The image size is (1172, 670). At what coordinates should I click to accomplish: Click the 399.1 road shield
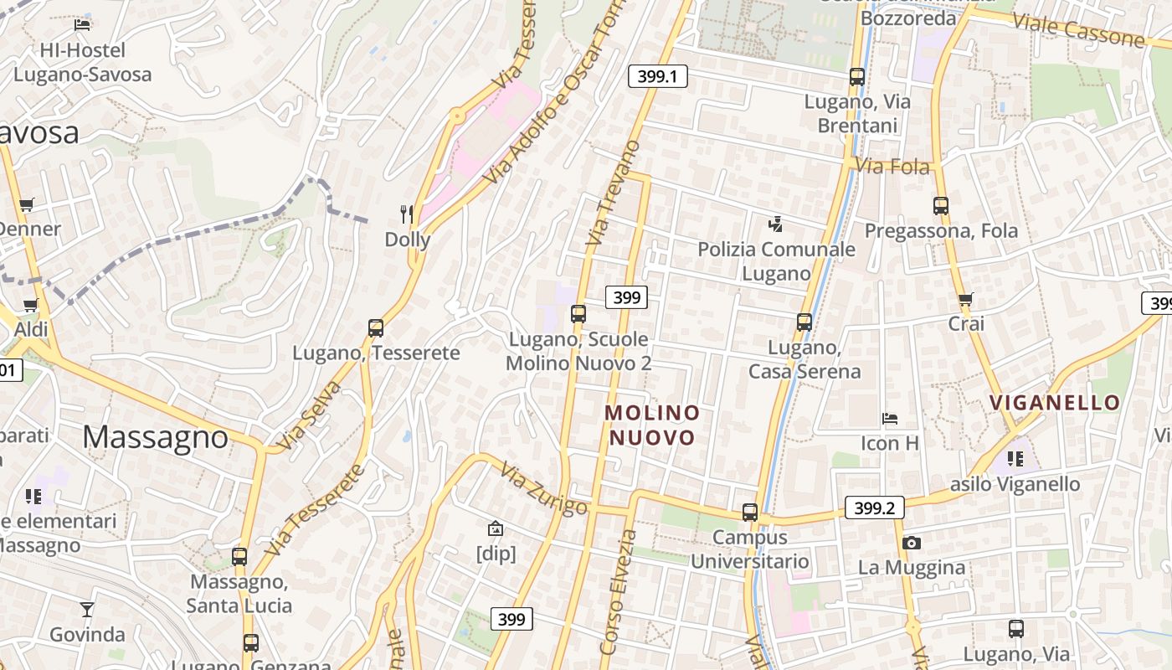pos(657,77)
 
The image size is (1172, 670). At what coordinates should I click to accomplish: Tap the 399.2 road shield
pos(874,508)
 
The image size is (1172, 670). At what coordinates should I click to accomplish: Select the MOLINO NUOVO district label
pos(652,425)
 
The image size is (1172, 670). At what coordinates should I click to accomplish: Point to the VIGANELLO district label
pos(1055,403)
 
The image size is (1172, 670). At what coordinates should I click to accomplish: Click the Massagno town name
pos(156,437)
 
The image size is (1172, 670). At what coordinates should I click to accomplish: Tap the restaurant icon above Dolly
pos(407,214)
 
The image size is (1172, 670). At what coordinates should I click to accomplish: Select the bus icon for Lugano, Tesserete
pos(376,328)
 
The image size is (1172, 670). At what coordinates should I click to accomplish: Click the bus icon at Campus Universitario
pos(750,513)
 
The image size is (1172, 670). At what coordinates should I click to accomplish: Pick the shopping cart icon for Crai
pos(966,299)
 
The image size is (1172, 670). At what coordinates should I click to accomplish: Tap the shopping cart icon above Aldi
pos(31,306)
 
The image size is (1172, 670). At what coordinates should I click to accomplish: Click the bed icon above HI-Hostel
pos(82,25)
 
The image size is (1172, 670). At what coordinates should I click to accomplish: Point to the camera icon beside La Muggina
pos(912,543)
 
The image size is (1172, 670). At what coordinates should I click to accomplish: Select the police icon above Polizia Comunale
pos(776,224)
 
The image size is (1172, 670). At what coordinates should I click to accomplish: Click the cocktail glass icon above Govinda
pos(87,610)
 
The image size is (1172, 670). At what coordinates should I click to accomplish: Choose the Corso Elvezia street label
pos(617,591)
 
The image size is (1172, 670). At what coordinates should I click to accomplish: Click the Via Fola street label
pos(892,167)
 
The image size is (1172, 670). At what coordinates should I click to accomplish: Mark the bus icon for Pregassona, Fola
pos(941,206)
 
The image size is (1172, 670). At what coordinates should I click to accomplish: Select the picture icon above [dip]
pos(496,528)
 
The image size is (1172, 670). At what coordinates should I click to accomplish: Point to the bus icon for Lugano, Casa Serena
pos(804,322)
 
